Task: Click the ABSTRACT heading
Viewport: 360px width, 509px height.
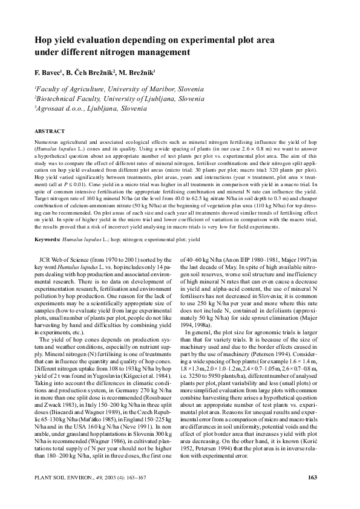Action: [48, 131]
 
